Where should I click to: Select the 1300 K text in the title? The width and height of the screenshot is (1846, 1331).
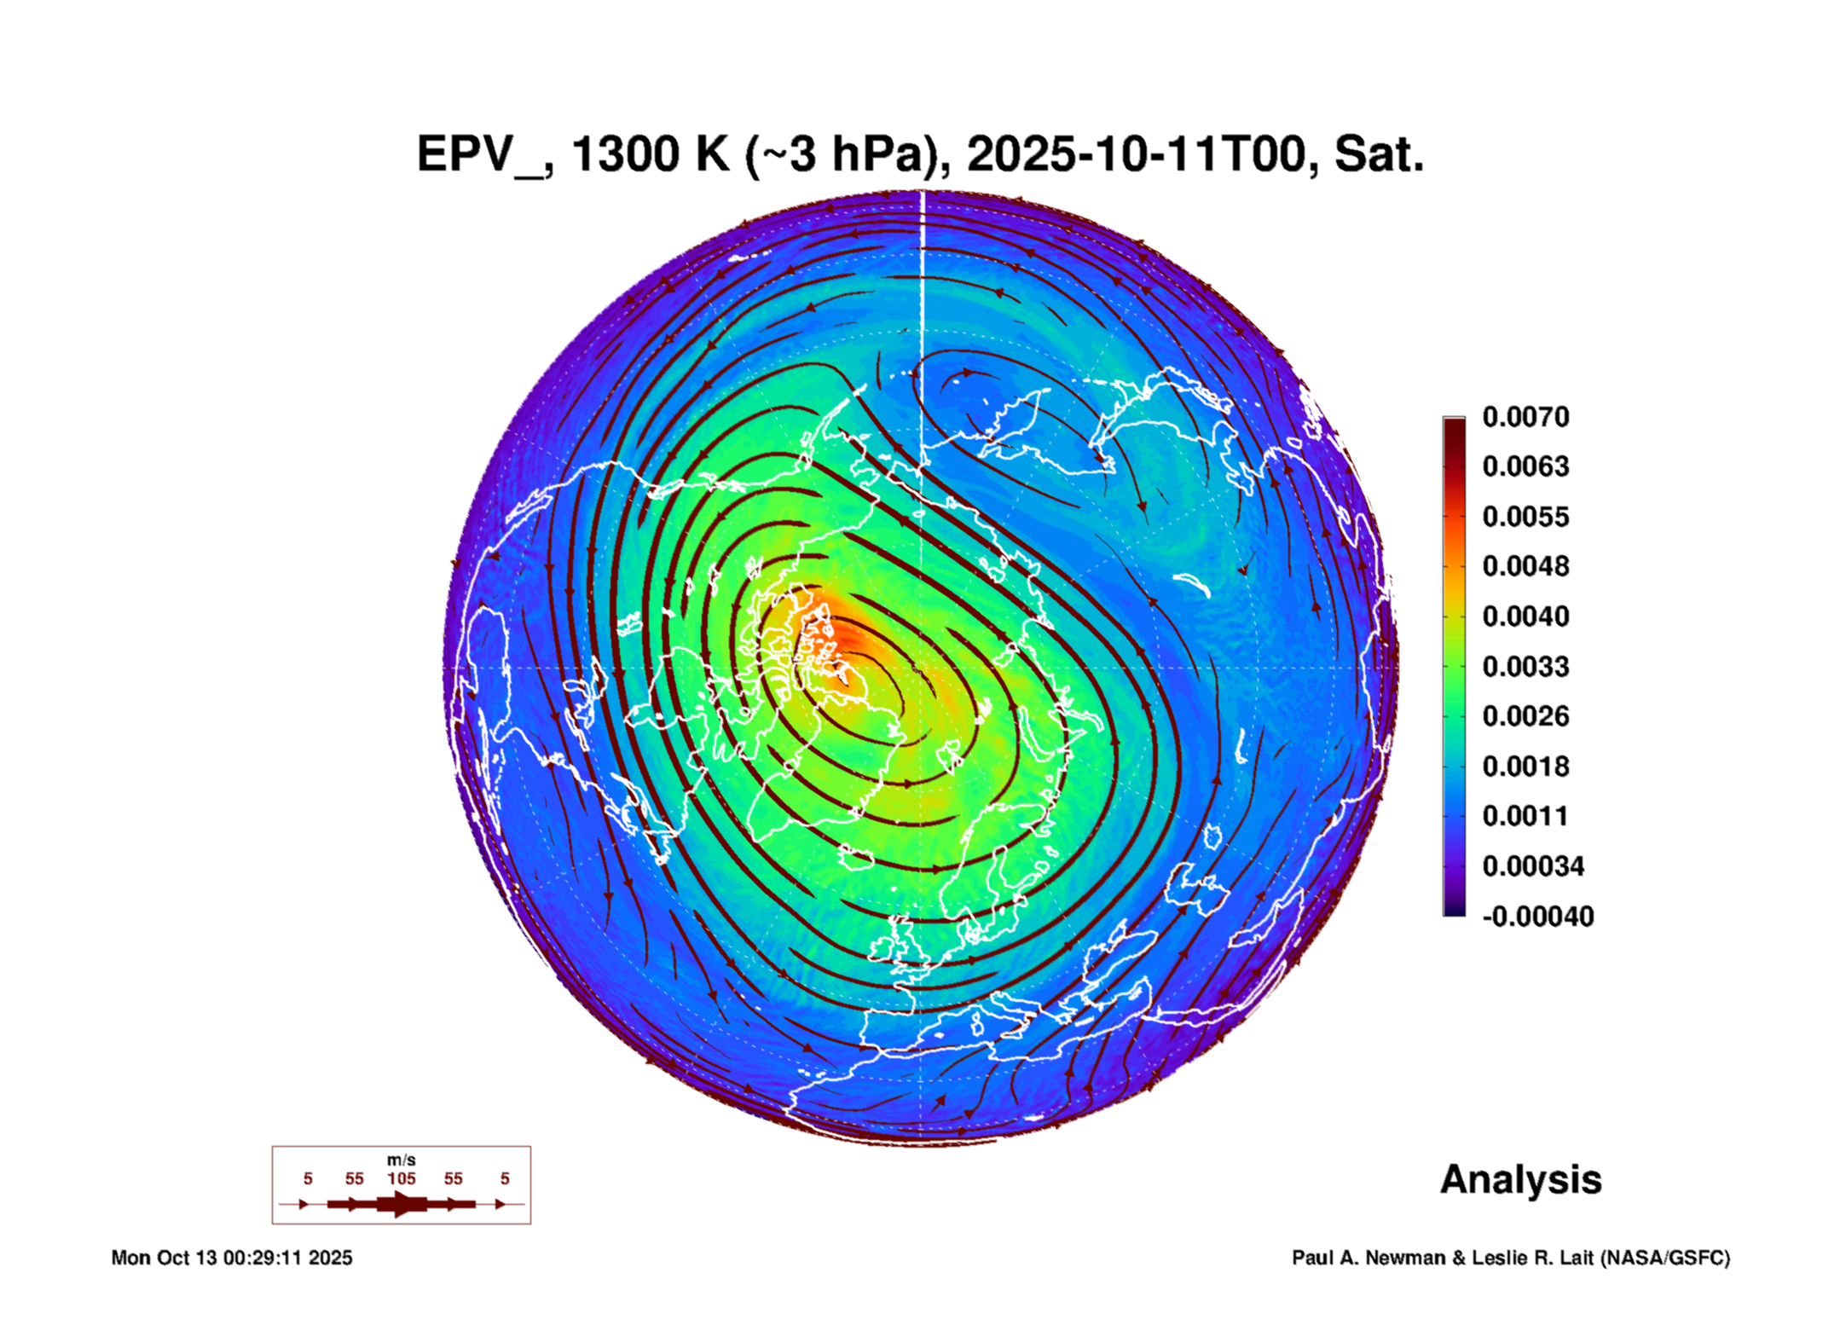pos(651,154)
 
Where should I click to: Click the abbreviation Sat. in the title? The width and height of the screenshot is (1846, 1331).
pos(1379,154)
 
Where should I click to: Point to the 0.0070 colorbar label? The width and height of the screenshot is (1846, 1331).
pos(1525,417)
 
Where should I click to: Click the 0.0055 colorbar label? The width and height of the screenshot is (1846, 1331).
pos(1525,517)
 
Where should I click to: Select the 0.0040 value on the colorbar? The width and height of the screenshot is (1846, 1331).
pos(1525,616)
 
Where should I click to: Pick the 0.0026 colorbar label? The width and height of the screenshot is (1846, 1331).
pos(1525,716)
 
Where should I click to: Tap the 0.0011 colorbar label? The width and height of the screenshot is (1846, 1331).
pos(1525,816)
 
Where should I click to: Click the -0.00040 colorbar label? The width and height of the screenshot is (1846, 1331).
pos(1537,917)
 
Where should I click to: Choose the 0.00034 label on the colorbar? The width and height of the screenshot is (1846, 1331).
pos(1533,866)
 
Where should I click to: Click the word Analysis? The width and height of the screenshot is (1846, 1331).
pos(1520,1180)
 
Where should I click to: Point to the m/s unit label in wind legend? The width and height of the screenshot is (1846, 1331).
pos(402,1160)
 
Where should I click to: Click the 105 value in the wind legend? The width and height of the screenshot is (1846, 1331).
pos(402,1178)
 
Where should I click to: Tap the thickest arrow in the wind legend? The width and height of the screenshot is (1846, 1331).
pos(402,1204)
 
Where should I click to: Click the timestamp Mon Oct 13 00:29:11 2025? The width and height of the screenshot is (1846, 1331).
pos(232,1258)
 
